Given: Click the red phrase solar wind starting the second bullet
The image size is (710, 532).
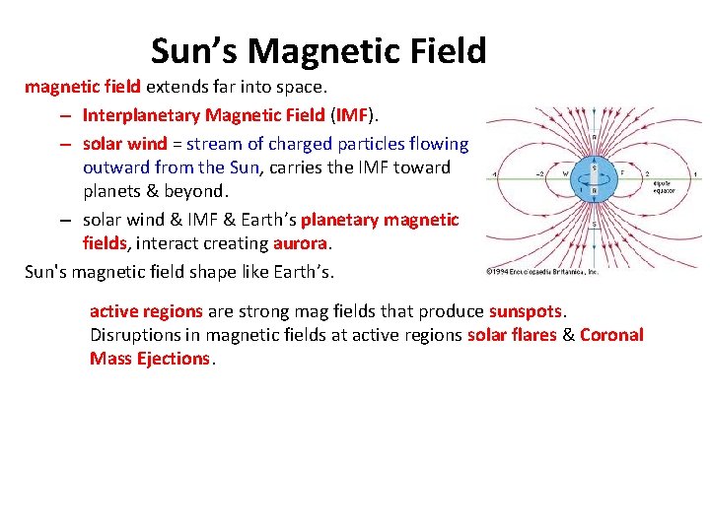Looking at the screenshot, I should (124, 144).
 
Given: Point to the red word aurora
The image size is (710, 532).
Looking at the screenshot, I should (301, 243).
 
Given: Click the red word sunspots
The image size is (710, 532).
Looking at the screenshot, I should (525, 311).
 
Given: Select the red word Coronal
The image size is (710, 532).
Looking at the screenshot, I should (611, 335).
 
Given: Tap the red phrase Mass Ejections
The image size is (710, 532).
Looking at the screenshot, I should (149, 359).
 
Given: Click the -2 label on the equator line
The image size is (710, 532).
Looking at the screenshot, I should (541, 174).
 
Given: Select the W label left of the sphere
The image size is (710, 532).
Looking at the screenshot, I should (566, 174).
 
